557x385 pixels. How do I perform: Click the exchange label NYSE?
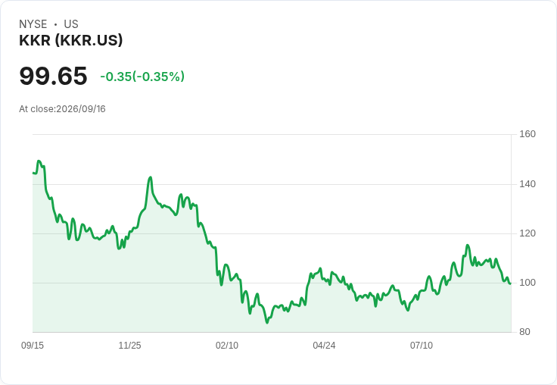33,24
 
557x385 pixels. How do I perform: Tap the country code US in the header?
71,24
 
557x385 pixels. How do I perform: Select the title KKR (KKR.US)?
71,40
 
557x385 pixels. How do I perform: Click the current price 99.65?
53,76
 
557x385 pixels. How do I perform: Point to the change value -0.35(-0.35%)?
142,77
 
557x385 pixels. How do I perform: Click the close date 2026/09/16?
81,109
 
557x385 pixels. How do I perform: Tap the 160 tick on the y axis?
527,134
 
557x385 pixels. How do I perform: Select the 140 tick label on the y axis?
527,184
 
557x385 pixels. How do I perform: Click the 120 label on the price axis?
527,233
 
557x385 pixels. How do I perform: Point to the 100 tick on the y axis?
527,283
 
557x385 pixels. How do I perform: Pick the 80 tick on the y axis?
524,332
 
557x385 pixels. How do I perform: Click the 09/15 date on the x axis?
33,346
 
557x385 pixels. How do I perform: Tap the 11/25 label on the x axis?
129,346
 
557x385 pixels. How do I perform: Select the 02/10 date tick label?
227,346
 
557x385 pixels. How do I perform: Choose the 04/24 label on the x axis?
324,346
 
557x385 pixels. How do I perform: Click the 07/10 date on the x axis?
422,346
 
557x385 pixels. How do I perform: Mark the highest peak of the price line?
39,161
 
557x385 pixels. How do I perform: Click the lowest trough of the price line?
267,323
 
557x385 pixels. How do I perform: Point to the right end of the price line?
511,283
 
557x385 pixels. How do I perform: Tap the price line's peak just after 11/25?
151,177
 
